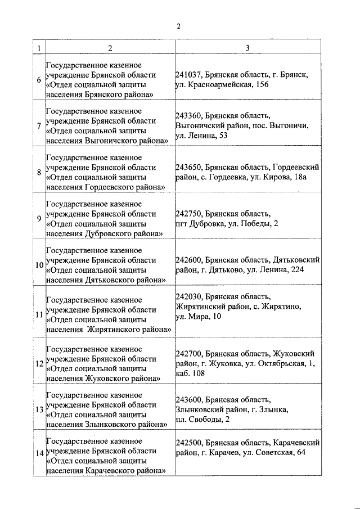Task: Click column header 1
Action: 38,48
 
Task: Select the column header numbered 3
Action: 247,48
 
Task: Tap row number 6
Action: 38,80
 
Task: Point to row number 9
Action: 38,218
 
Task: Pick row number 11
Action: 38,315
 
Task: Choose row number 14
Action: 38,453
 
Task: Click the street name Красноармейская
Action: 214,85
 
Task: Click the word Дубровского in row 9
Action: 106,233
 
